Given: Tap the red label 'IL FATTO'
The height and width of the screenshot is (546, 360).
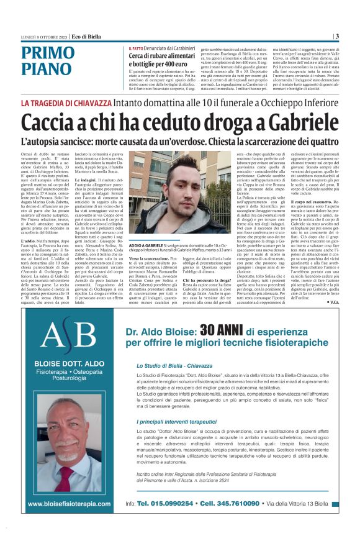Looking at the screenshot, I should point(137,48).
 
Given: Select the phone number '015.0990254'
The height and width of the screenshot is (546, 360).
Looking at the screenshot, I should point(169,503).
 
